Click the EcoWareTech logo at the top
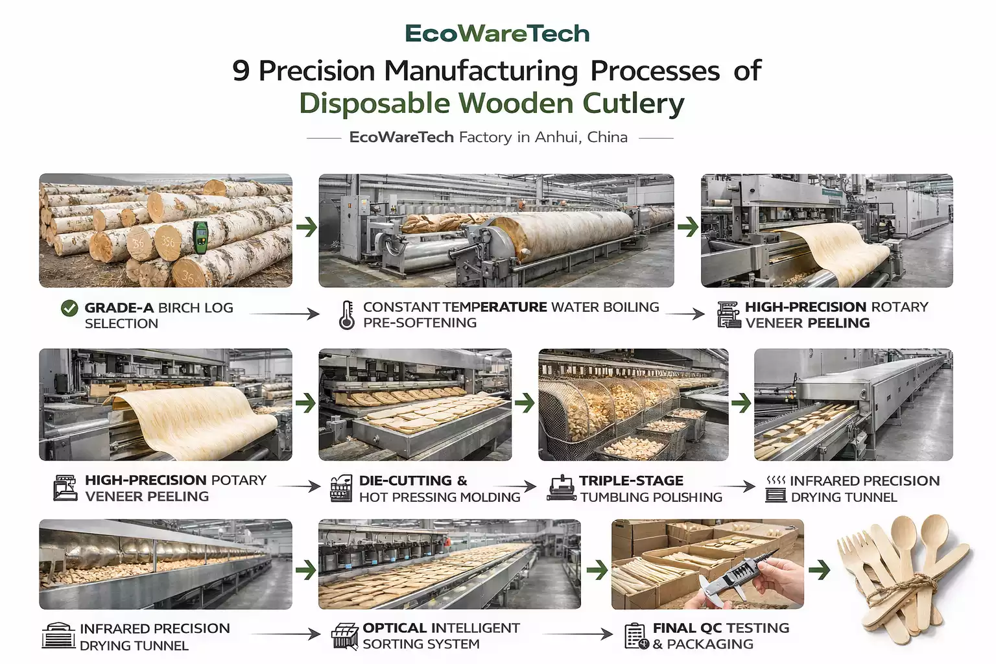[x=497, y=34]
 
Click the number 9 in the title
[x=241, y=71]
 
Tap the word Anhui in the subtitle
[x=560, y=137]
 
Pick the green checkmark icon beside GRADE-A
[x=69, y=309]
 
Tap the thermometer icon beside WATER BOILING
[x=347, y=315]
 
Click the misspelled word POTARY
[x=239, y=480]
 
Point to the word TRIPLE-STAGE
[x=631, y=481]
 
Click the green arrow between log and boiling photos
[x=306, y=227]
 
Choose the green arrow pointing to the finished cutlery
[x=820, y=570]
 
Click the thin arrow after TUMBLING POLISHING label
[x=740, y=486]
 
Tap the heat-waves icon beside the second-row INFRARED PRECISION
[x=776, y=480]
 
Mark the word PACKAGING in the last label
[x=710, y=645]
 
